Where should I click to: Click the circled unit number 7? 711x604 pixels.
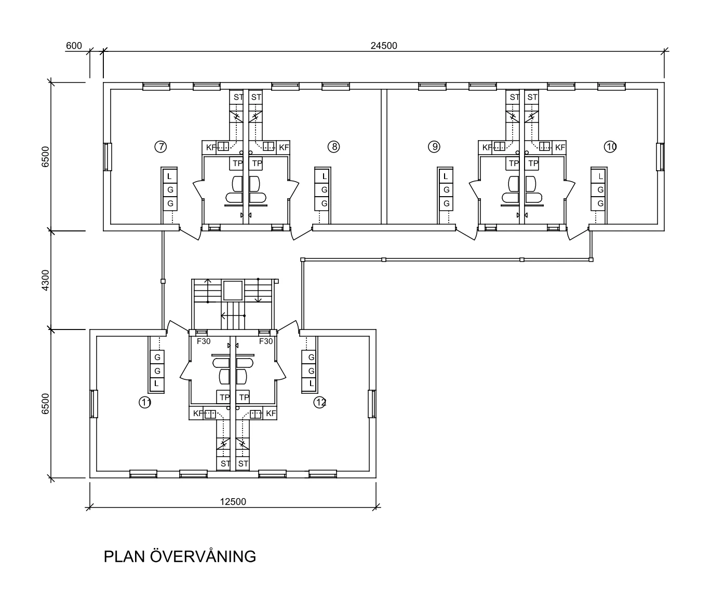click(160, 147)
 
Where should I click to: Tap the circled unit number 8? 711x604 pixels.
click(333, 147)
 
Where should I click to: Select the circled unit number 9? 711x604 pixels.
click(434, 147)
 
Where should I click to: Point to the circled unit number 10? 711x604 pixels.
click(611, 147)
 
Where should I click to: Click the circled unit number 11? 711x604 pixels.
click(145, 402)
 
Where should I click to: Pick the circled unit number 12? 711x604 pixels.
click(320, 402)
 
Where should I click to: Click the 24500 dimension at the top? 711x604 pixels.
click(384, 46)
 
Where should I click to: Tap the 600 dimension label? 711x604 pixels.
click(74, 46)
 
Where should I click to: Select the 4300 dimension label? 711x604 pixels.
click(45, 280)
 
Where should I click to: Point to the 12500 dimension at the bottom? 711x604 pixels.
click(233, 502)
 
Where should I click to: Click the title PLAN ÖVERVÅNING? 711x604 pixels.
click(180, 557)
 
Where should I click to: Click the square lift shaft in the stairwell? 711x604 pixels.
click(233, 291)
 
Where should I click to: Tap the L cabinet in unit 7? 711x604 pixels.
click(169, 177)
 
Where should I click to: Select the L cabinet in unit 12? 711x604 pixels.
click(312, 383)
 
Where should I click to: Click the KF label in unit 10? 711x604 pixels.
click(560, 147)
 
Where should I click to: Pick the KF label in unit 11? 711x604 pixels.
click(198, 414)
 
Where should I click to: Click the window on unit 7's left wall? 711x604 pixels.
click(108, 157)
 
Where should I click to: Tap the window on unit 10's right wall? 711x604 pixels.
click(660, 157)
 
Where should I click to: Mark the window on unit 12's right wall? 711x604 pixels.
click(372, 404)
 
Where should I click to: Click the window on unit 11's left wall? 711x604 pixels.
click(94, 404)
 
